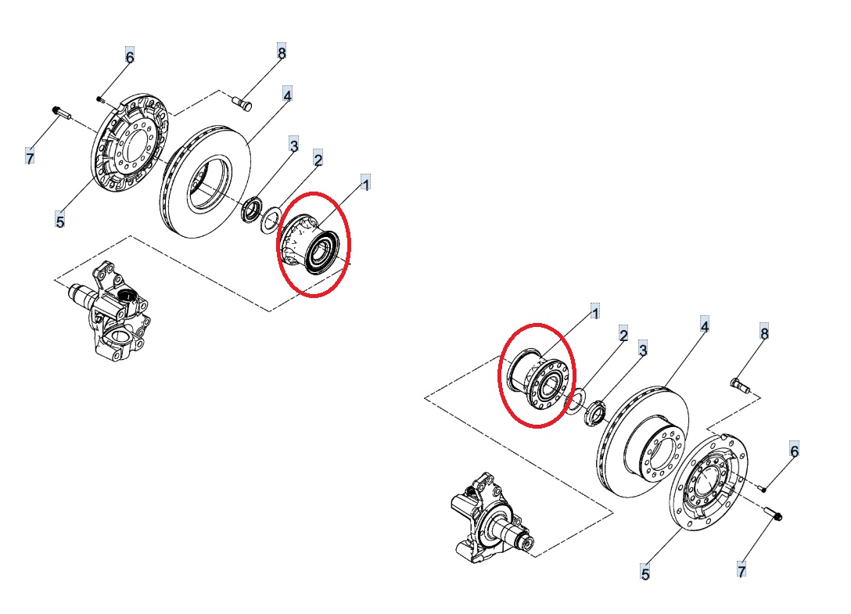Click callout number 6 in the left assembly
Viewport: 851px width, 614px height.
[x=129, y=56]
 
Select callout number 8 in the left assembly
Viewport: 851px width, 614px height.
[x=281, y=52]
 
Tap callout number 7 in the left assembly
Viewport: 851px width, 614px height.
[x=30, y=158]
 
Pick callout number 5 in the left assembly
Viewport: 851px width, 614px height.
[x=59, y=221]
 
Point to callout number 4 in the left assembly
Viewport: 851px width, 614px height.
[x=287, y=95]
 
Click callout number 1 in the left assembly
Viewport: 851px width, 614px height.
[x=366, y=184]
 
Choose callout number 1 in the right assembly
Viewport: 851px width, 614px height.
[x=594, y=313]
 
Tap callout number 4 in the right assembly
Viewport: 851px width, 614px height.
[x=705, y=326]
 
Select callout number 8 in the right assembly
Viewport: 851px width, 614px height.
[x=764, y=332]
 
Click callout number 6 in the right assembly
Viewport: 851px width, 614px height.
[x=795, y=451]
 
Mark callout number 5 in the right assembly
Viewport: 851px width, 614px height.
[x=645, y=573]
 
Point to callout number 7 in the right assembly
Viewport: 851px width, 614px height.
[x=741, y=570]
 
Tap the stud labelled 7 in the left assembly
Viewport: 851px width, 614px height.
[x=61, y=113]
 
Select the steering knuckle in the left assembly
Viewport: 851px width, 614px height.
[x=110, y=311]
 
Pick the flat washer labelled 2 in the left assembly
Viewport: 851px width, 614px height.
[x=271, y=220]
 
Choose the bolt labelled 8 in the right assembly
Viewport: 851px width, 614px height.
[x=740, y=386]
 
